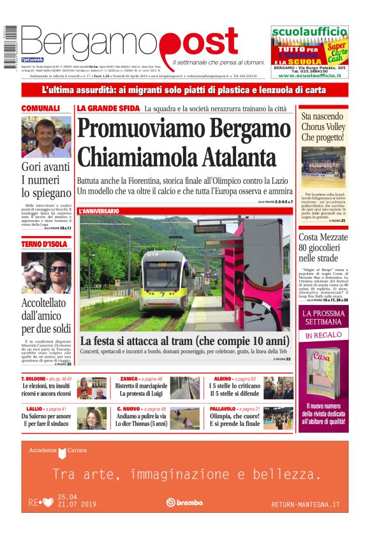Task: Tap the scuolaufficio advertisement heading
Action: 309,33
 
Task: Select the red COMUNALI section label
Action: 41,109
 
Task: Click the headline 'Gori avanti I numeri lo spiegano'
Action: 46,180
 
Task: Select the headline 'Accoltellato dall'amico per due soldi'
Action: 46,316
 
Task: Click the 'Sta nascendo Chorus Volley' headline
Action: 323,127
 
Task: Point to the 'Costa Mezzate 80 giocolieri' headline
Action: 324,249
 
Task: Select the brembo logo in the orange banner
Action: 184,503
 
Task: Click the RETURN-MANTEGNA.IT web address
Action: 306,504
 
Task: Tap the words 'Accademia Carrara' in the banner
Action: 57,451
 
